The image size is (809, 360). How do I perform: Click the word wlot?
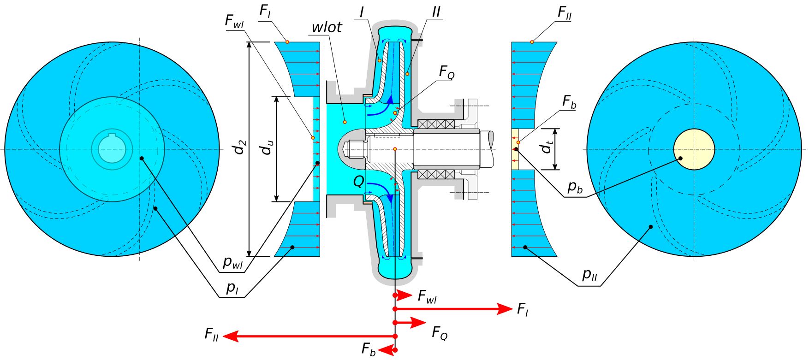[327, 27]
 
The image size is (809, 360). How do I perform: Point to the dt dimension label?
[547, 148]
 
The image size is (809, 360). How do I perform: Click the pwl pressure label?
[233, 262]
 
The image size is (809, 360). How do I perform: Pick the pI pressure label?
[232, 288]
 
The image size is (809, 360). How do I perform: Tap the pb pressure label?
[575, 187]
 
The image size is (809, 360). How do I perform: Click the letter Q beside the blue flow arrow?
[358, 182]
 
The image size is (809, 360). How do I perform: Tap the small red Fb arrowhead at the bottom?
[390, 351]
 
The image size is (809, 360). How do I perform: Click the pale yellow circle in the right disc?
[694, 149]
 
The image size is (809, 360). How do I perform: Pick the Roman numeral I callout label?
[363, 12]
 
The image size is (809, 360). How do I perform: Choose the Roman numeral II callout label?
[436, 12]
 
